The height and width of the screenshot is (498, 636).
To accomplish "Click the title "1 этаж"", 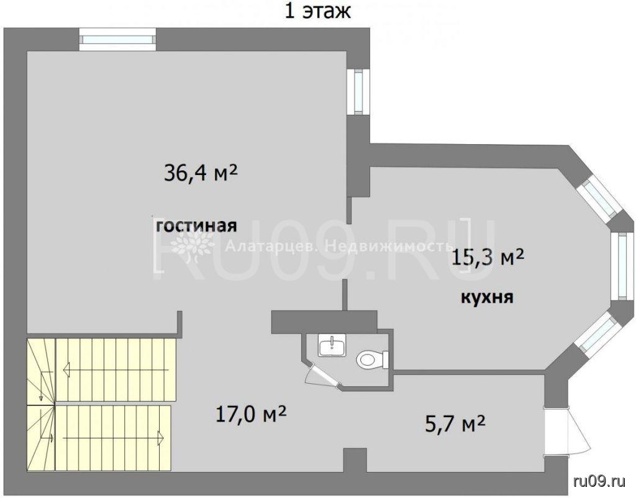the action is (317, 11).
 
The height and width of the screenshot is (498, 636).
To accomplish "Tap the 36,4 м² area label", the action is (201, 173).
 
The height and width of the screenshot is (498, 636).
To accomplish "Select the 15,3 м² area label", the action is (488, 256).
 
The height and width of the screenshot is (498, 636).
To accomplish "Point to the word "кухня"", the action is (487, 297).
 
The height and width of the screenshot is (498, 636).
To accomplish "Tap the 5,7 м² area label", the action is (455, 423).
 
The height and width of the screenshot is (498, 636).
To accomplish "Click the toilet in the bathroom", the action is (373, 360).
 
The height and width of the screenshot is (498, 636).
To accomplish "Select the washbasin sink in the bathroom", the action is (333, 345).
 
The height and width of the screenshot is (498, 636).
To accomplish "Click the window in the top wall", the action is (117, 39).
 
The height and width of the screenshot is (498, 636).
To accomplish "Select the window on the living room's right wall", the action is (358, 92).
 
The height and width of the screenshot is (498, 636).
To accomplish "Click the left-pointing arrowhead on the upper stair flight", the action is (66, 369).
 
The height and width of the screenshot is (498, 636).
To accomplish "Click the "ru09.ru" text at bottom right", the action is (599, 481).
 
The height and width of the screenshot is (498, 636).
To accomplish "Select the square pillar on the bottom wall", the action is (355, 460).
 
